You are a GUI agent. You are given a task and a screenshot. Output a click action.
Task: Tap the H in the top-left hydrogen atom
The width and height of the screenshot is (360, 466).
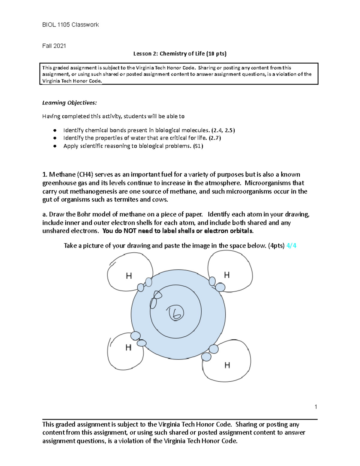click(x=129, y=276)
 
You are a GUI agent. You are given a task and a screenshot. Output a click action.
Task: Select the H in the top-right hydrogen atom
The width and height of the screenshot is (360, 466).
click(x=227, y=275)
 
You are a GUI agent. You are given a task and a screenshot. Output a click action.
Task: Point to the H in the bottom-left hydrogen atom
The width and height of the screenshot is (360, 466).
click(x=128, y=347)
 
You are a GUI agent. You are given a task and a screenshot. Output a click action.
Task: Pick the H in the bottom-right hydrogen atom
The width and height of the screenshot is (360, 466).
click(x=227, y=365)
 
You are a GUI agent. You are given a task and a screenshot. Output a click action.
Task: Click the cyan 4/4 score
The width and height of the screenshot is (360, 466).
click(x=291, y=245)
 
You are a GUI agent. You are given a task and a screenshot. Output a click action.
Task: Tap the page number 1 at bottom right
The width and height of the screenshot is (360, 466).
click(x=316, y=407)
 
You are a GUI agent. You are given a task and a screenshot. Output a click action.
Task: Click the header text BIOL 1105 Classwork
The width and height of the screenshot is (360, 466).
click(x=70, y=25)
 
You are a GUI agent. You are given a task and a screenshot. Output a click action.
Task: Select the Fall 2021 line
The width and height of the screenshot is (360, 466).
click(x=54, y=46)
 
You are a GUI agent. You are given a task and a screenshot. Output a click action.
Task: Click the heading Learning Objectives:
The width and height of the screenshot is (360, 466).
click(x=69, y=103)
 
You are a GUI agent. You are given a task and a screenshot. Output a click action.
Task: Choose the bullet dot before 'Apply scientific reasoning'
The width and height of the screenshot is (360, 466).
click(x=55, y=146)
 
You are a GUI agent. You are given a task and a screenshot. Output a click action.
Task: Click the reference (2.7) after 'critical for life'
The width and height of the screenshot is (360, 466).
click(x=215, y=138)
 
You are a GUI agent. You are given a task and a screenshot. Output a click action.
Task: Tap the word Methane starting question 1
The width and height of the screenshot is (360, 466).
click(x=62, y=174)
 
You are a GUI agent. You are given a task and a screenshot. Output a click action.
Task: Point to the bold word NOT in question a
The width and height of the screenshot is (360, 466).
click(x=130, y=231)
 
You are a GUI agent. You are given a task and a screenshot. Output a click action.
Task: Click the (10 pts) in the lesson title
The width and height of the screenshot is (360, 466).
click(x=216, y=54)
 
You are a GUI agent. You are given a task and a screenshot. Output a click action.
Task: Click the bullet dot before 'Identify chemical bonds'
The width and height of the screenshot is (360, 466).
click(x=55, y=130)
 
